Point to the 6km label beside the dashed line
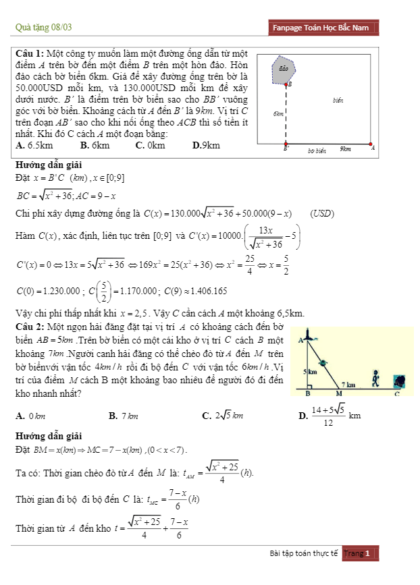[x=278, y=115]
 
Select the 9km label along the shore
[x=345, y=149]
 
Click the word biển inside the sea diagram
[x=338, y=101]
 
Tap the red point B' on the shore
[x=286, y=144]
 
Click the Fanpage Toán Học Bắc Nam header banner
[x=321, y=28]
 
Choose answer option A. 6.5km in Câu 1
[x=34, y=145]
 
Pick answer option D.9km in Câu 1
[x=206, y=145]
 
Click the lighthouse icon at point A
[x=308, y=333]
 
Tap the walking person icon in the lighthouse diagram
[x=375, y=379]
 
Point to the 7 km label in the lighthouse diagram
[x=349, y=384]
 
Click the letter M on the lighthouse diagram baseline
[x=339, y=393]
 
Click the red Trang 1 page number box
[x=360, y=554]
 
